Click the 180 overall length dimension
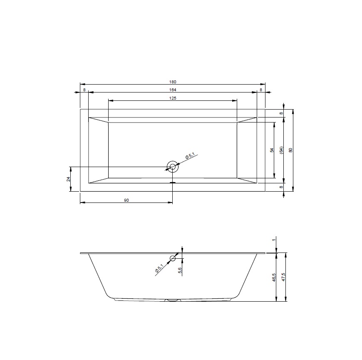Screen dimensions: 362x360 (x=172, y=82)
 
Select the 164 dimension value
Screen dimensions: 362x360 (x=172, y=90)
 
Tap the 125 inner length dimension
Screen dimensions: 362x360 (x=172, y=98)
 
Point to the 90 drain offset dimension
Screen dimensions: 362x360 (x=126, y=200)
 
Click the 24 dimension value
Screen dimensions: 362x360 (x=68, y=179)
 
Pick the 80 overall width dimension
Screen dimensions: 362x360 (x=291, y=150)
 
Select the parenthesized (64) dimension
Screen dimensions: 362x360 (x=281, y=150)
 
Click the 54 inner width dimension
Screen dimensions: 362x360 (x=272, y=150)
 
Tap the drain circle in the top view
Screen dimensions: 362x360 (x=172, y=167)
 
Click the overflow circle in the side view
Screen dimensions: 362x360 (x=173, y=258)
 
